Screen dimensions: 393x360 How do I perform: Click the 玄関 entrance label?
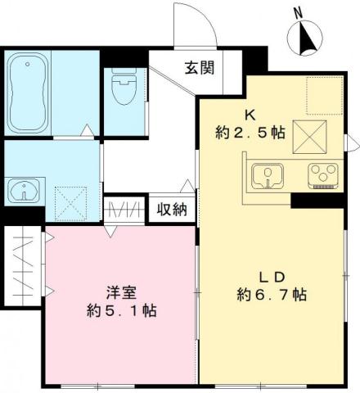tap(199, 67)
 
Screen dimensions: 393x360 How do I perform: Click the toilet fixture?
tap(124, 92)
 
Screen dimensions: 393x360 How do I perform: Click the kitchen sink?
tap(267, 174)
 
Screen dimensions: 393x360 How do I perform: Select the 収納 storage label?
tap(173, 210)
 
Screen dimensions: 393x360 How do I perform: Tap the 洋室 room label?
tap(122, 291)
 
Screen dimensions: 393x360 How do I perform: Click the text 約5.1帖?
tap(122, 311)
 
